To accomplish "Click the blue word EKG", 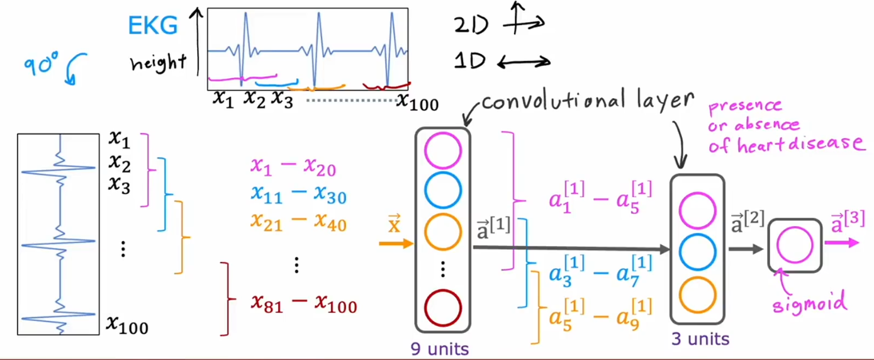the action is point(152,26).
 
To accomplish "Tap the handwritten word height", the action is point(158,62).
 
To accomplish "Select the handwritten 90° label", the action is point(42,64).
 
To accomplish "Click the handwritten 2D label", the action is point(471,25).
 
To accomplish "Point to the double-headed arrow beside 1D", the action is point(523,62).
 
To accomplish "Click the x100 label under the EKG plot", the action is point(417,102).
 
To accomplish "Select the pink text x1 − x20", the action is point(293,167).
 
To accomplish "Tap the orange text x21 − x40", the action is point(298,222).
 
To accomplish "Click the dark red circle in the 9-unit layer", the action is point(443,308).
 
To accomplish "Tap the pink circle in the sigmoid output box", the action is point(794,245).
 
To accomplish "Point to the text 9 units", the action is point(440,348).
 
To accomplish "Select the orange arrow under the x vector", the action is point(395,243).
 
